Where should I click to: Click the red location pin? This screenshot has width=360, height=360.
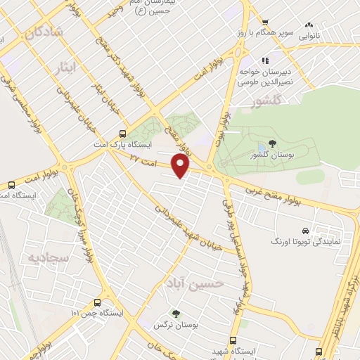(181, 166)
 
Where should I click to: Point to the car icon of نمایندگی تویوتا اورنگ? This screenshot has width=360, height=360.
(304, 231)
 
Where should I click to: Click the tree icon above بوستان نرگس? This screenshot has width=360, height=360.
(175, 314)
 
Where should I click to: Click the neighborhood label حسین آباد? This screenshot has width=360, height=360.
(193, 283)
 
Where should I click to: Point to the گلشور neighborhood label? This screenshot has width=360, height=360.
(266, 103)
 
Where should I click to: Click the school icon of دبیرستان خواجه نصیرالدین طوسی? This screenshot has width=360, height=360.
(265, 60)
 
